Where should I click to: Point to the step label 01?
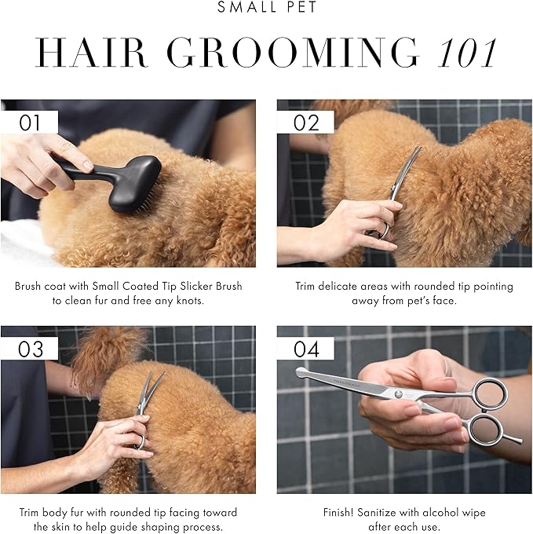(x=30, y=123)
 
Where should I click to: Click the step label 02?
(x=306, y=123)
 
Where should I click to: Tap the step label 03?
(x=30, y=349)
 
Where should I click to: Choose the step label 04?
(x=306, y=349)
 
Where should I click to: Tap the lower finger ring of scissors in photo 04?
(x=486, y=430)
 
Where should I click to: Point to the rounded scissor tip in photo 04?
(x=301, y=373)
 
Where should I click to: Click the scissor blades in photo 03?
(x=149, y=390)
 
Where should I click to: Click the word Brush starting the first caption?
(x=27, y=287)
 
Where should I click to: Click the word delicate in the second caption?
(x=338, y=287)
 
